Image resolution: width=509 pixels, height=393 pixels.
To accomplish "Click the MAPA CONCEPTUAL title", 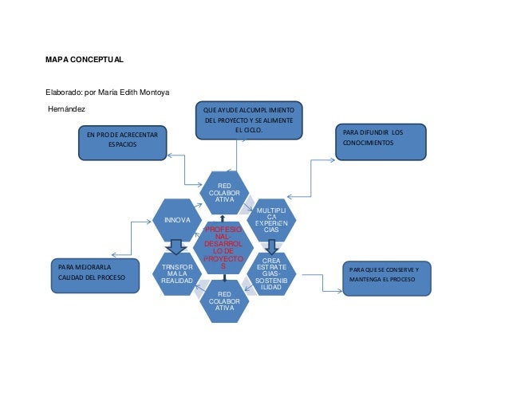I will (x=84, y=60).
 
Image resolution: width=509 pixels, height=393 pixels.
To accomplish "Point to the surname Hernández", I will (x=66, y=108).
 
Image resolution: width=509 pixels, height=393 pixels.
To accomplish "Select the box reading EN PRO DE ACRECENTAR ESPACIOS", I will (x=122, y=140).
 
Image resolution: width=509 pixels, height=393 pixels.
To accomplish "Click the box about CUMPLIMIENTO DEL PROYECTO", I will (x=247, y=120).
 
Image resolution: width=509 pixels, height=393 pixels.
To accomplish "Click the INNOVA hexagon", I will (x=177, y=219).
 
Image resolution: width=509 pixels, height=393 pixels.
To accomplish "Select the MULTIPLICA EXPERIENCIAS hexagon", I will (x=272, y=219).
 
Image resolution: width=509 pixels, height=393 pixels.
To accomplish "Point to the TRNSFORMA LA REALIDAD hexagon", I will (x=176, y=274).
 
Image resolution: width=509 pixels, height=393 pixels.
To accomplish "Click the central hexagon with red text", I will (x=224, y=246).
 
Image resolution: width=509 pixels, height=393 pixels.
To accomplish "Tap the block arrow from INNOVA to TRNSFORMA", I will (x=176, y=247).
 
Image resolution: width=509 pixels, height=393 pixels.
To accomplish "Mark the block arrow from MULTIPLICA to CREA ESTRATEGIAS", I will (x=272, y=246).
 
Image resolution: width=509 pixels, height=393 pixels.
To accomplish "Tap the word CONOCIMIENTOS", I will (x=369, y=143).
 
